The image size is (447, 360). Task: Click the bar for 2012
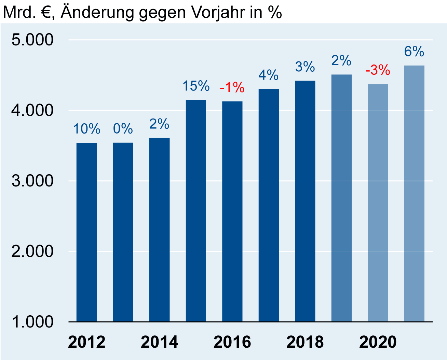[86, 232]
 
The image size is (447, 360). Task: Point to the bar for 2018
[305, 201]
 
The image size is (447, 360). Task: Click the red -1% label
[232, 88]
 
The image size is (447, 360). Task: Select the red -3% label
[378, 70]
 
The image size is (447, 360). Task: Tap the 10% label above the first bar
[86, 129]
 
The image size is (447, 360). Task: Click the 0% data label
[123, 129]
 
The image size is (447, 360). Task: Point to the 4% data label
[268, 75]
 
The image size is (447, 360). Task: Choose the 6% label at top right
[414, 52]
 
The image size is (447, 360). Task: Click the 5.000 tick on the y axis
[32, 40]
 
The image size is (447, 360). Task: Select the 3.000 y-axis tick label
[32, 181]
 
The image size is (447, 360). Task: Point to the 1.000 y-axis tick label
[32, 322]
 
